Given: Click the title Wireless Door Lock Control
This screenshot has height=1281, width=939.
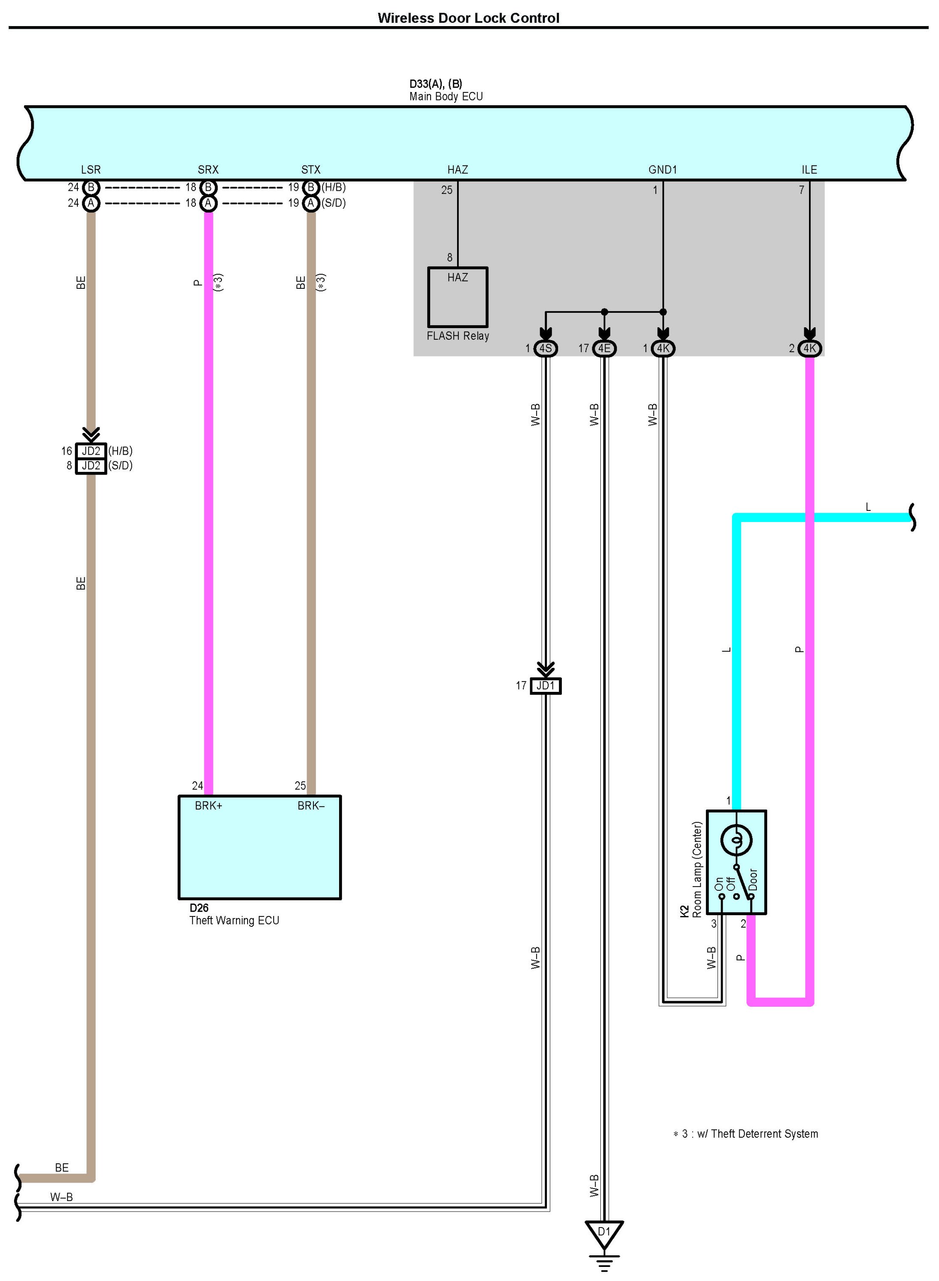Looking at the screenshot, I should coord(468,18).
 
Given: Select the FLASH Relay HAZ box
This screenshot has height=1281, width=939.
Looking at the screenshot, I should coord(458,297).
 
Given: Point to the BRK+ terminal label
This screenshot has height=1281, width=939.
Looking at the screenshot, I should coord(209,806).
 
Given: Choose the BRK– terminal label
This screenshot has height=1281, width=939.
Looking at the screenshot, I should coord(311,806).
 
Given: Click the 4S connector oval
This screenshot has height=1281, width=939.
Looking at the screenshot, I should coord(546,348).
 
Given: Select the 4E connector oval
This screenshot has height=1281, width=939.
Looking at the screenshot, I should coord(604,348).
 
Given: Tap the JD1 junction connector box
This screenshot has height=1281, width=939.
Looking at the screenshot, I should coord(546,686).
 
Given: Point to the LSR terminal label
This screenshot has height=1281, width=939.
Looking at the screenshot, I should coord(91,169).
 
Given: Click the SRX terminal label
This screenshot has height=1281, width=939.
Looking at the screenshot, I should coord(208,169).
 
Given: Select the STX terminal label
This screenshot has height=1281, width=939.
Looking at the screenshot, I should coord(311,169).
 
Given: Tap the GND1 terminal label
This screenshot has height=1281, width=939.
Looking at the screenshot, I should coord(663,169).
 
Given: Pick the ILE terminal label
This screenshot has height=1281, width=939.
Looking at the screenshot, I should coord(809,169).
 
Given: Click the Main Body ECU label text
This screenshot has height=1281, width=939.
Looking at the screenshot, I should coord(446,97).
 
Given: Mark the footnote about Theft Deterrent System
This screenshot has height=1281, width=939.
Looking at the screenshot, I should coord(746,1134).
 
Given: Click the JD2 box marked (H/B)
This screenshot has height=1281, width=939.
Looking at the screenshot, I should coord(91,451).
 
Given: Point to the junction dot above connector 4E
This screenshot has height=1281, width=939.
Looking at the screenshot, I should coord(604,312).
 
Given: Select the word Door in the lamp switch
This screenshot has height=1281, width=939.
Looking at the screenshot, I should coord(753,879).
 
